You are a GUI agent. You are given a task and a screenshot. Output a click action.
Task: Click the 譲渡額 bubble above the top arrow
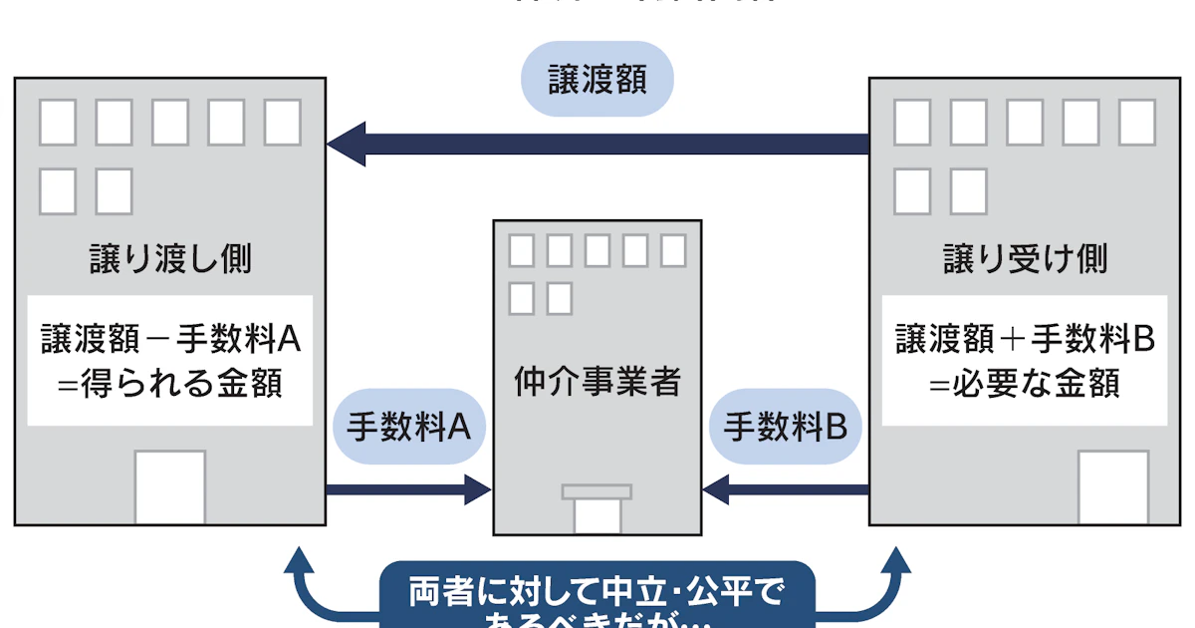point(597,80)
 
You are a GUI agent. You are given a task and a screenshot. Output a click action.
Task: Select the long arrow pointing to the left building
point(597,144)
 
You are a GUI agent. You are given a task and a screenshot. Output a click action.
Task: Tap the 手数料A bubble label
point(408,427)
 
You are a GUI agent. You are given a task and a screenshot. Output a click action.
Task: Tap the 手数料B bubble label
point(785,427)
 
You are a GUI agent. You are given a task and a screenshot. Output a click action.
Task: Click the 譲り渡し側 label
point(169,259)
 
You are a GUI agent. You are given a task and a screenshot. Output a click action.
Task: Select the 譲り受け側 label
point(1025,259)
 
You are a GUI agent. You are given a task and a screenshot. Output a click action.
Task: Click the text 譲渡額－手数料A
point(170,340)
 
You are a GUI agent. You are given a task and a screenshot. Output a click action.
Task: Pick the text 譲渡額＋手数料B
point(1025,340)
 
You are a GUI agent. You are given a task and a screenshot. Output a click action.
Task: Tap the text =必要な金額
point(1025,383)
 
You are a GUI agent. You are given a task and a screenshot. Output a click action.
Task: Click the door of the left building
point(170,487)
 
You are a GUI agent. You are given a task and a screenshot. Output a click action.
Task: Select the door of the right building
point(1112,487)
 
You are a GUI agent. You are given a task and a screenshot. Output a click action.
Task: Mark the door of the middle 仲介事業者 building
point(597,515)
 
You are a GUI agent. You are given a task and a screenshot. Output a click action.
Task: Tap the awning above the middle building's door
point(597,490)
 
